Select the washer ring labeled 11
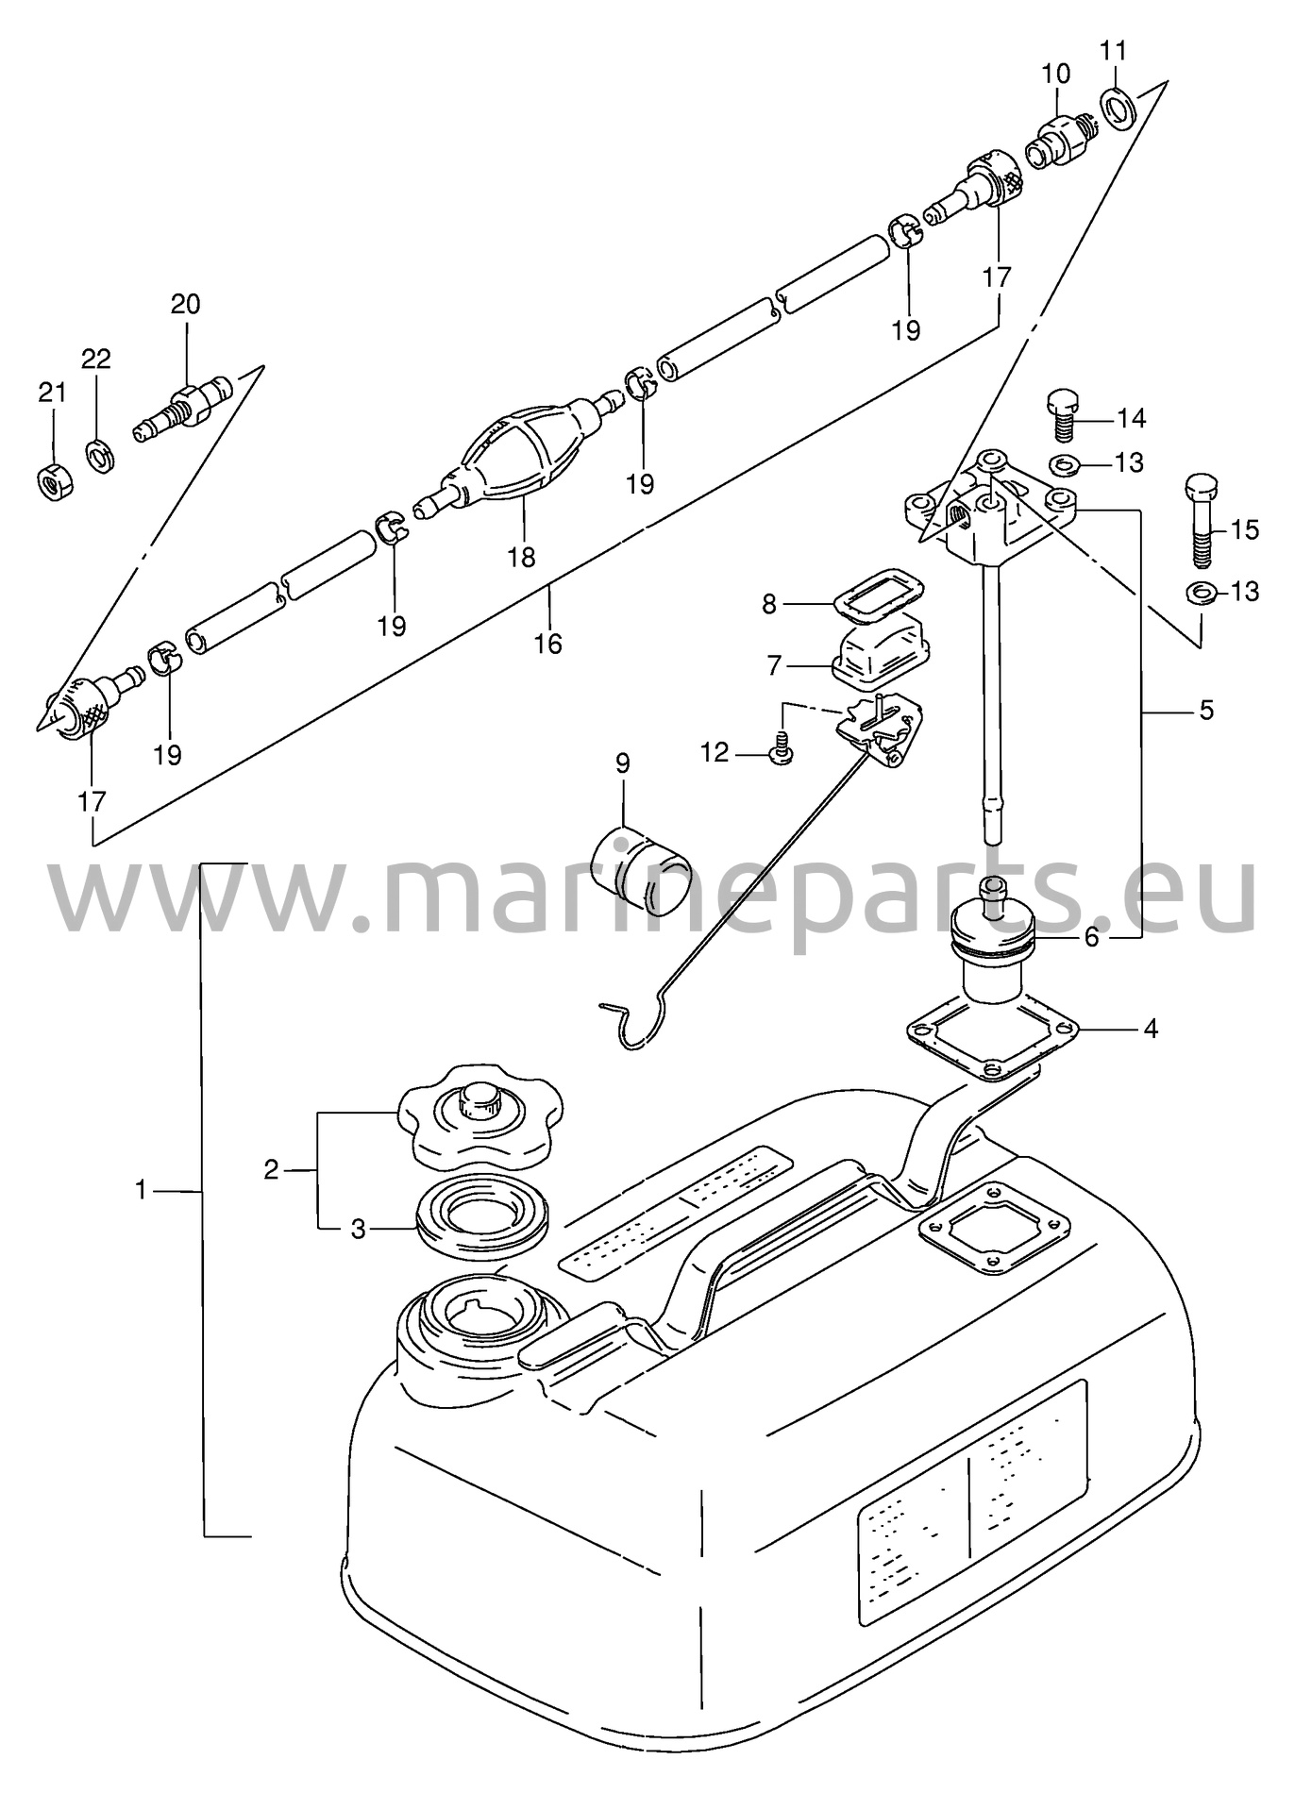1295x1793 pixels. coord(1119,108)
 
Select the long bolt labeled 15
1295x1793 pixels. coord(1199,520)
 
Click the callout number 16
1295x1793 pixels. coord(547,644)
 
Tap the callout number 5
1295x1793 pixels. coord(1206,710)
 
